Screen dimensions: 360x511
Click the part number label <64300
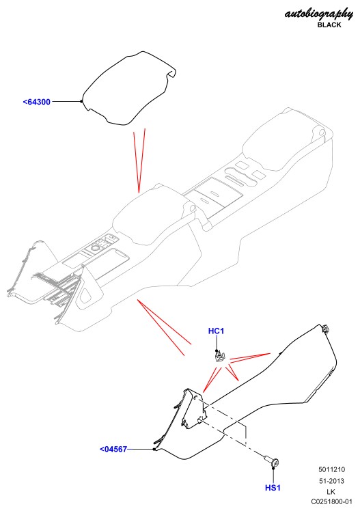pos(36,102)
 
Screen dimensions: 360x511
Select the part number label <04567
pos(113,449)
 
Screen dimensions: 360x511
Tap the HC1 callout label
pos(216,331)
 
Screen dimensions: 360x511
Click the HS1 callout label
pos(273,488)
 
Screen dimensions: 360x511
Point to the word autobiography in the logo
pos(318,14)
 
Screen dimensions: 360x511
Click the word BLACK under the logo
pos(329,25)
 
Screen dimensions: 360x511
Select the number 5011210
pos(332,469)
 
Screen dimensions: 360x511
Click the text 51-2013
pos(332,481)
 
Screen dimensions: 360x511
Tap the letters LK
pos(331,491)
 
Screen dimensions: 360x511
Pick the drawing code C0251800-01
pos(331,502)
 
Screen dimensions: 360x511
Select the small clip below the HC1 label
pos(219,356)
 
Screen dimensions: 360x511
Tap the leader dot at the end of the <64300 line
pos(81,101)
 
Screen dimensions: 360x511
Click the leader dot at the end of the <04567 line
pos(154,449)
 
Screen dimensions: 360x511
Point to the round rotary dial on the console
pos(95,249)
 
